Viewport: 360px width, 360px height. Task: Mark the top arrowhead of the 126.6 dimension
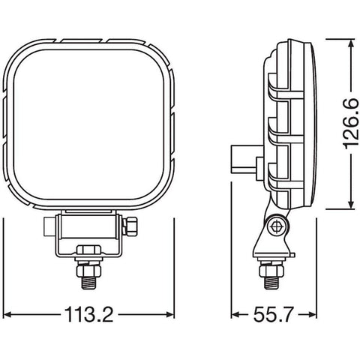pos(350,45)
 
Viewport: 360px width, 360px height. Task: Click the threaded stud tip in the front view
pos(88,282)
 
